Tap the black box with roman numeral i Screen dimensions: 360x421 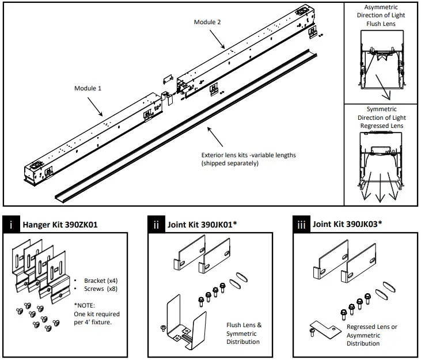point(12,225)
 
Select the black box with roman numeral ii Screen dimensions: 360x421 point(156,225)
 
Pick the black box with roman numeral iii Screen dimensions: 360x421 point(302,225)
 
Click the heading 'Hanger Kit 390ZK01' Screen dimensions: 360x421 point(59,225)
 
